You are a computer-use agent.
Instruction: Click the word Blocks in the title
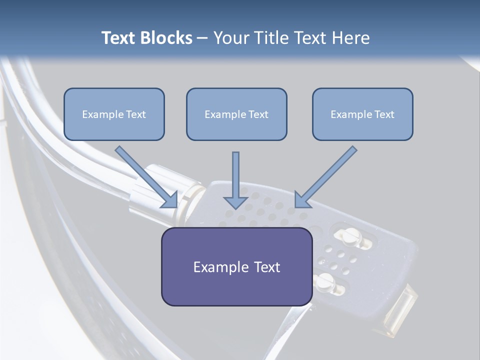click(x=166, y=37)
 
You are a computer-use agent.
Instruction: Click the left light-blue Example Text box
click(x=114, y=114)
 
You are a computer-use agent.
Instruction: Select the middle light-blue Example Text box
click(x=236, y=114)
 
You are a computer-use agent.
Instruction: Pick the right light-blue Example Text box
click(x=363, y=114)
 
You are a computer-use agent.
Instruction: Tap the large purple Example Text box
click(x=237, y=266)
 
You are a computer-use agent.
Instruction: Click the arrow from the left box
click(x=146, y=177)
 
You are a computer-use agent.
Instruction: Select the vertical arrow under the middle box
click(x=235, y=180)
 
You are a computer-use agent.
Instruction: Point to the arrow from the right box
click(x=326, y=177)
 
